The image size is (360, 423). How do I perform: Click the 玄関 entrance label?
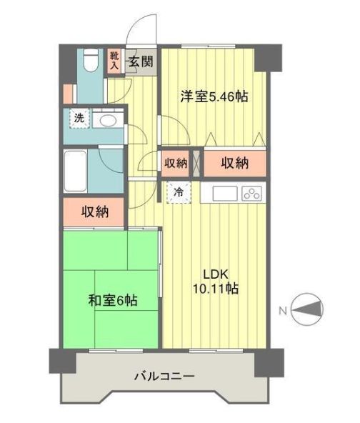click(x=141, y=61)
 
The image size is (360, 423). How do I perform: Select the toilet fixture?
click(x=89, y=60)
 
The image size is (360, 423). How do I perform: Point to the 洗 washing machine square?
click(x=79, y=119)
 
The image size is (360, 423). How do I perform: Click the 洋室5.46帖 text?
click(x=214, y=96)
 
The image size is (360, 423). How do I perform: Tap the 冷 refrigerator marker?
click(x=179, y=191)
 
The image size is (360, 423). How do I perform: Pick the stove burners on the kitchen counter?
click(x=251, y=192)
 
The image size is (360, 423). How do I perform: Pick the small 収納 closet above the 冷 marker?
click(x=176, y=163)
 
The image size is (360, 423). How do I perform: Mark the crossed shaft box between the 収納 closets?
click(x=196, y=163)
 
